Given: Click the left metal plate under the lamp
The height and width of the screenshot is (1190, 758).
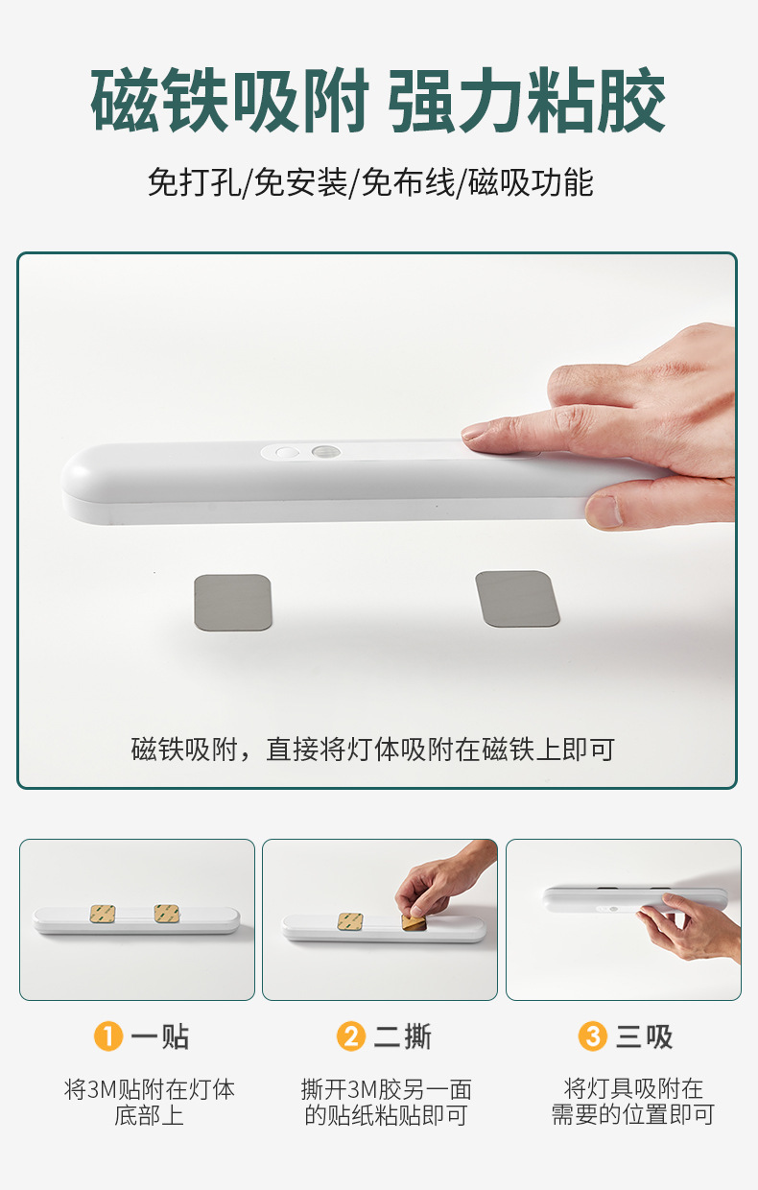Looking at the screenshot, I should click(x=233, y=602).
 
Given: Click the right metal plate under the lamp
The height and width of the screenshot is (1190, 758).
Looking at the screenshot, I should click(x=518, y=599).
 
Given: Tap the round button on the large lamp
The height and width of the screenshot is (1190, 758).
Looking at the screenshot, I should click(x=284, y=451).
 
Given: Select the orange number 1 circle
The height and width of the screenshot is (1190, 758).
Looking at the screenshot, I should click(x=108, y=1036).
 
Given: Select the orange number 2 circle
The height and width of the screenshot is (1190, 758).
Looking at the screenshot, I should click(x=351, y=1036).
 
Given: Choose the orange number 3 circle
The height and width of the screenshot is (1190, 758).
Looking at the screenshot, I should click(x=593, y=1036).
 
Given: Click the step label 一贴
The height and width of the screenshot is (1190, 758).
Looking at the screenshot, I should click(x=160, y=1036).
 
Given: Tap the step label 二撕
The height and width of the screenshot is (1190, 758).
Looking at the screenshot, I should click(x=403, y=1036).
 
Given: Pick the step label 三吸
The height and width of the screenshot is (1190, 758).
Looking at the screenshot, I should click(x=645, y=1036).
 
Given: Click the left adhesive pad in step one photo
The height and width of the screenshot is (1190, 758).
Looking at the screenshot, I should click(x=103, y=914).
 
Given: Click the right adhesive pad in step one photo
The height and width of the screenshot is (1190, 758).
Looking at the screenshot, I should click(x=167, y=914).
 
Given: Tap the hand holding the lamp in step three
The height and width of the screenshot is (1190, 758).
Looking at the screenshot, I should click(x=691, y=926).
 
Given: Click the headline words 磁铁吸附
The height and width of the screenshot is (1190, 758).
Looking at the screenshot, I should click(x=230, y=101).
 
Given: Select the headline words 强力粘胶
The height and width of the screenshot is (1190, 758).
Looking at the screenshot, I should click(x=528, y=101).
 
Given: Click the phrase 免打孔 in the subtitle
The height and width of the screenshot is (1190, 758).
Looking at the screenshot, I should click(x=193, y=182).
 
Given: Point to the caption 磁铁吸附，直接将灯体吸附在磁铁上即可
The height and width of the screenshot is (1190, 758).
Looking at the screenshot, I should click(x=372, y=750).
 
